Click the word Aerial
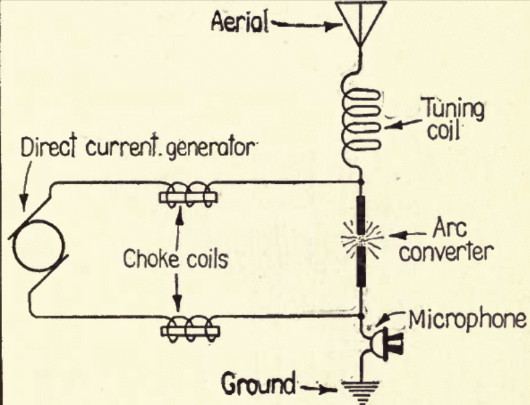pos(240,23)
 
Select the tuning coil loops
pos(361,120)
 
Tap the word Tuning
pos(454,109)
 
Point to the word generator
pos(211,148)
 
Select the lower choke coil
pos(190,329)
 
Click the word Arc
pos(450,228)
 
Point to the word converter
pos(446,252)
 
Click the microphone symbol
pos(386,344)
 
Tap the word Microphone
pos(467,320)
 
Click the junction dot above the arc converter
pos(361,182)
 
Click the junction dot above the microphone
pos(361,316)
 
